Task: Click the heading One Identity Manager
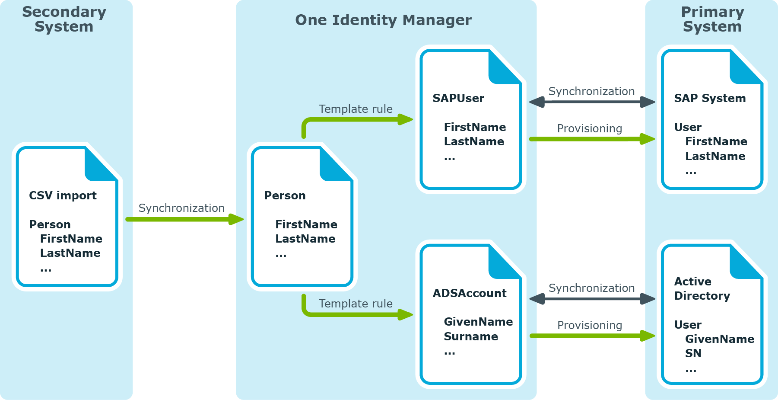[x=383, y=20]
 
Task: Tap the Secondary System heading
[x=64, y=19]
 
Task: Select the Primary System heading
[x=712, y=19]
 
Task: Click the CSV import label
[x=63, y=195]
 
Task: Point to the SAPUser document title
[x=458, y=98]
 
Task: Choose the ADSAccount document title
[x=470, y=293]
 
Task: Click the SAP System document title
[x=710, y=99]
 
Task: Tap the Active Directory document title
[x=702, y=288]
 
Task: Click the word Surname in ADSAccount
[x=471, y=336]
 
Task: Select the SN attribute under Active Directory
[x=693, y=353]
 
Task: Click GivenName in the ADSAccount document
[x=478, y=322]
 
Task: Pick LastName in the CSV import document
[x=70, y=253]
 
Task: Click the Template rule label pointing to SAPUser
[x=356, y=109]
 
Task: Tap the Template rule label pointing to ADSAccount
[x=356, y=304]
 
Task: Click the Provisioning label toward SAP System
[x=590, y=129]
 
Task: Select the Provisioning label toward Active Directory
[x=590, y=326]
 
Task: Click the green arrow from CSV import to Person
[x=185, y=219]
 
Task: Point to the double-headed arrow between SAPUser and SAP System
[x=592, y=102]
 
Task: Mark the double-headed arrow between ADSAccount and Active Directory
[x=592, y=299]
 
